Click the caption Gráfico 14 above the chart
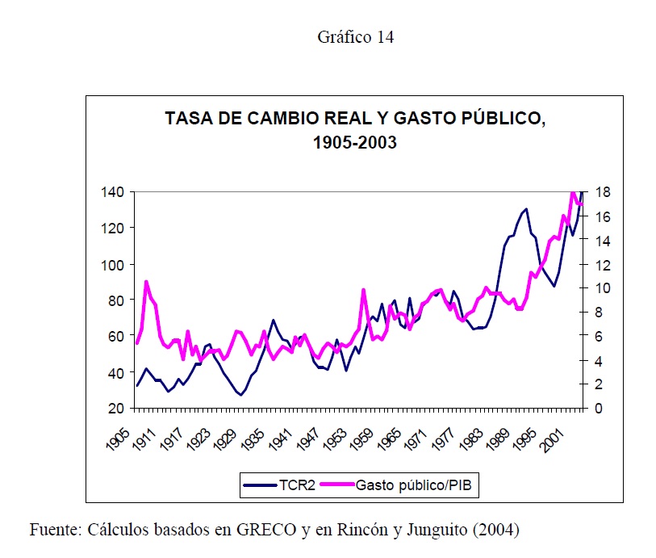355,37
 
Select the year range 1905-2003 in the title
356,143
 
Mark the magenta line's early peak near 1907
146,282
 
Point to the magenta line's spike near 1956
364,290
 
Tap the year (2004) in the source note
496,531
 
